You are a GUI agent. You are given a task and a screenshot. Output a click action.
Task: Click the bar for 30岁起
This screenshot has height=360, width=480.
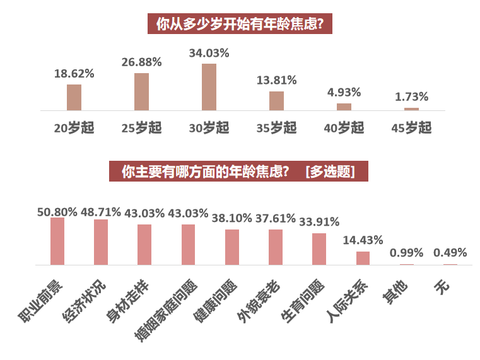point(209,87)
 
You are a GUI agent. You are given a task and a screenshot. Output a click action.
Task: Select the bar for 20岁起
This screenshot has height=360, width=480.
point(74,98)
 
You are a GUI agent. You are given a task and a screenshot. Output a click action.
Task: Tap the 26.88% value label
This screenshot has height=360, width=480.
point(141,62)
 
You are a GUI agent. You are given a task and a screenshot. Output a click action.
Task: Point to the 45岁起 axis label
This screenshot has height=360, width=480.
point(411,128)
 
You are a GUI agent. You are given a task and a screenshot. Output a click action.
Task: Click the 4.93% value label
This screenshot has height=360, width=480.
point(344,92)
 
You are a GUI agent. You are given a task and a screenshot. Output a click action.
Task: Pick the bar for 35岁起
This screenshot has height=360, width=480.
point(276,101)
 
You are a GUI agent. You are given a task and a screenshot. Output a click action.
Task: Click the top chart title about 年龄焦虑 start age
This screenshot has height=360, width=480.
point(240,25)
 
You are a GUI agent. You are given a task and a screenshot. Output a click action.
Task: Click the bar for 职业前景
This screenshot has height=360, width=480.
point(57,241)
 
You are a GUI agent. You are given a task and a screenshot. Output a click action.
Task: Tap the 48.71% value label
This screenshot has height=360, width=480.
point(100,212)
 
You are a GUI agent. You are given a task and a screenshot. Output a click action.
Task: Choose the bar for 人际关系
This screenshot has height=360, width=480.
point(363,258)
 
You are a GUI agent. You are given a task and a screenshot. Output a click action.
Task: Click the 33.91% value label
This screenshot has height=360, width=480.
point(319,222)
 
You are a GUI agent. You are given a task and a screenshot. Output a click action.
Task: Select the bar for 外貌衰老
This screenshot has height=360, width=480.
point(276,247)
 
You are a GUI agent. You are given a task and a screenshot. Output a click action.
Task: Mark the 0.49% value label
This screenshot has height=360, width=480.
point(450,253)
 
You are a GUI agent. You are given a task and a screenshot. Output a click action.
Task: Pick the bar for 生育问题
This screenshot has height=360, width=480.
point(319,249)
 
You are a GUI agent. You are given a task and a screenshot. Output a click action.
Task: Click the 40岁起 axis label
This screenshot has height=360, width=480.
point(344,128)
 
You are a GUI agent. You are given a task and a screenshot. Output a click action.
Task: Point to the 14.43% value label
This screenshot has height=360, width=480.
point(363,240)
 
